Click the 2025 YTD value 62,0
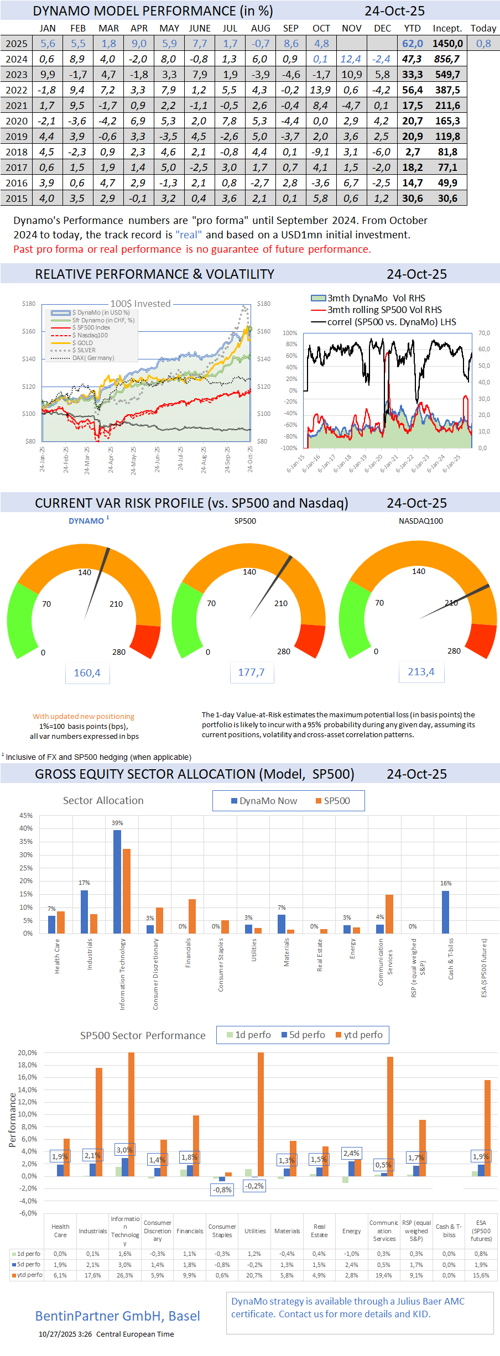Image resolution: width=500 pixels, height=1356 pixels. pyautogui.click(x=413, y=44)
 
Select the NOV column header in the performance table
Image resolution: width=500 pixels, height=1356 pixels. pyautogui.click(x=352, y=28)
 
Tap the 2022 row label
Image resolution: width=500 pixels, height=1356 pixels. pyautogui.click(x=17, y=90)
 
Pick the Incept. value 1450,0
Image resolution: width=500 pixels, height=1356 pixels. pyautogui.click(x=447, y=44)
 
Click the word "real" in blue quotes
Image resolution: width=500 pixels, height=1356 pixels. pyautogui.click(x=189, y=234)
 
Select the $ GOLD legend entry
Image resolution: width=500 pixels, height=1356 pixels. pyautogui.click(x=83, y=343)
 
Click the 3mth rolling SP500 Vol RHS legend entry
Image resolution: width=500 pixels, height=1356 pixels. pyautogui.click(x=384, y=310)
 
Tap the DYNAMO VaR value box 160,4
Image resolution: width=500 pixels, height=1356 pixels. pyautogui.click(x=87, y=673)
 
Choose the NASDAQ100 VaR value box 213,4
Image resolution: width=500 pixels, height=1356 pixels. pyautogui.click(x=421, y=672)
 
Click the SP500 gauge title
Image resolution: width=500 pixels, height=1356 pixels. pyautogui.click(x=245, y=521)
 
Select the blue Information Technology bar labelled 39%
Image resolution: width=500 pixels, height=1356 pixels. pyautogui.click(x=117, y=882)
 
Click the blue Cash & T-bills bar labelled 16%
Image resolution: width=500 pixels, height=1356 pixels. pyautogui.click(x=446, y=912)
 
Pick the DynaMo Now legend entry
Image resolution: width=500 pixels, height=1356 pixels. pyautogui.click(x=264, y=801)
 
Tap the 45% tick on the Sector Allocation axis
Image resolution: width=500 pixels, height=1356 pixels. pyautogui.click(x=26, y=816)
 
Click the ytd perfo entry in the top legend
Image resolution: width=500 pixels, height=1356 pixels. pyautogui.click(x=359, y=1035)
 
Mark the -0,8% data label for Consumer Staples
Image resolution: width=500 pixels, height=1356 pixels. pyautogui.click(x=222, y=1190)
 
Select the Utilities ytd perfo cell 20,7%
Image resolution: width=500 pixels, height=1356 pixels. pyautogui.click(x=254, y=1275)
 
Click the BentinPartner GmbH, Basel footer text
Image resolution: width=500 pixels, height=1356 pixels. pyautogui.click(x=118, y=1316)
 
